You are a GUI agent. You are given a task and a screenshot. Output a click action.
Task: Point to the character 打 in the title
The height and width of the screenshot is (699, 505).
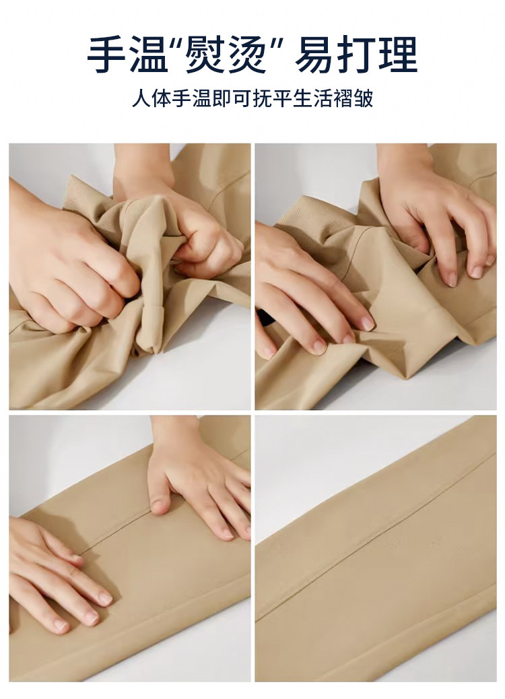(x=356, y=55)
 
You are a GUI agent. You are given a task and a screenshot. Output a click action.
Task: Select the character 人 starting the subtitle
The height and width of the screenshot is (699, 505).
(x=141, y=99)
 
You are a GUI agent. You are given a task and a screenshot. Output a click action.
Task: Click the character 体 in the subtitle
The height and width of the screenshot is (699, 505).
(x=162, y=99)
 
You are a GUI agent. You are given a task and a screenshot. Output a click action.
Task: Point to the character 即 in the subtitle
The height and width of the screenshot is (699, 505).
(x=222, y=99)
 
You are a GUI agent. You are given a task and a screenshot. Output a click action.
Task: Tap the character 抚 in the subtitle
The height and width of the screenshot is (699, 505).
(x=262, y=99)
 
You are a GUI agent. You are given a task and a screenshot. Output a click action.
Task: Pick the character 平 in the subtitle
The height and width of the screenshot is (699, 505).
(x=282, y=99)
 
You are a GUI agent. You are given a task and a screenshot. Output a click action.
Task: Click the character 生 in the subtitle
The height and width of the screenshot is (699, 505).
(x=302, y=99)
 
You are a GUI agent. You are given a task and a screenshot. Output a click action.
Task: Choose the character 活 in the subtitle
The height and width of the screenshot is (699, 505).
(x=323, y=99)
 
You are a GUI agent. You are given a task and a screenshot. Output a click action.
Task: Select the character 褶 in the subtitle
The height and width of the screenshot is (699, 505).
(x=343, y=99)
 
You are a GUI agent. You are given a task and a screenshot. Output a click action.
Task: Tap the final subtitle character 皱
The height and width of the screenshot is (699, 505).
(x=363, y=99)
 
